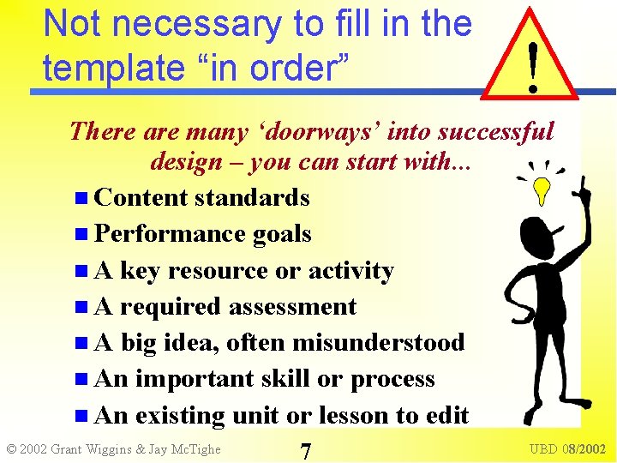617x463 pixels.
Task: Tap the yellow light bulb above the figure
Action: click(x=542, y=190)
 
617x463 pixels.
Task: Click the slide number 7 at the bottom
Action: click(x=305, y=449)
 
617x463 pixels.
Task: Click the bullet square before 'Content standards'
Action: click(x=81, y=198)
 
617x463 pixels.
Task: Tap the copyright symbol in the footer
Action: click(x=12, y=449)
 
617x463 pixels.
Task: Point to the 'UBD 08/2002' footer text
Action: click(x=567, y=449)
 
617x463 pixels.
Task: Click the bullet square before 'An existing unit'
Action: click(x=81, y=416)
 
